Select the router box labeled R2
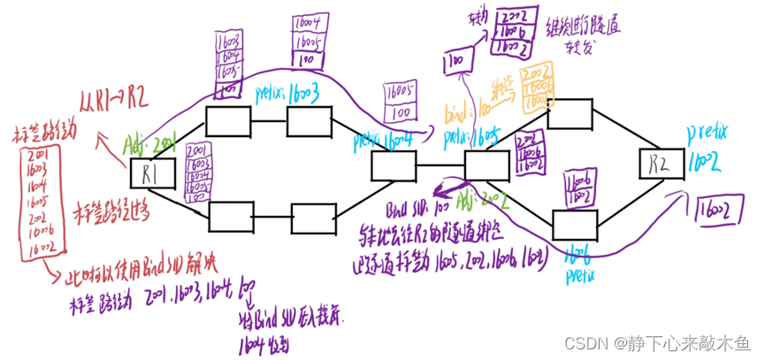click(x=665, y=164)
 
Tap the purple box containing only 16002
click(x=715, y=209)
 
